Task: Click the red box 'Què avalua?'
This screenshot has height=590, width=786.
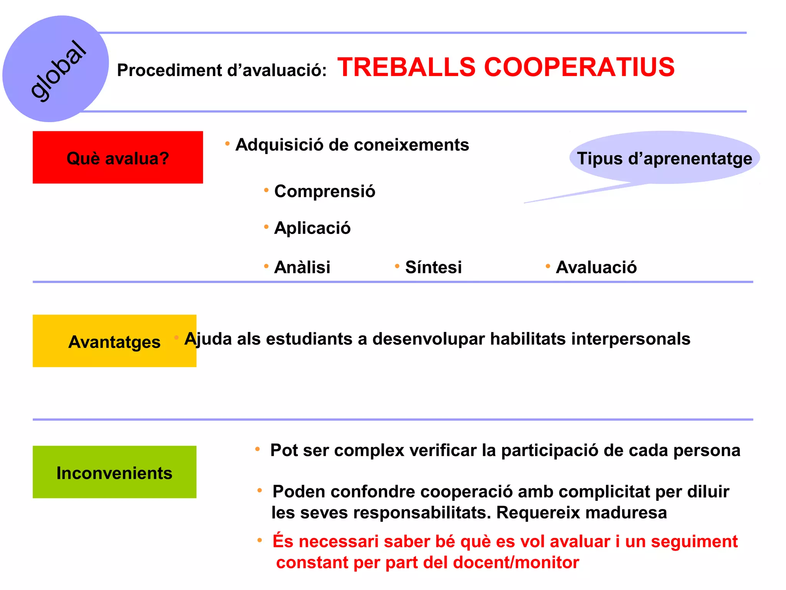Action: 117,157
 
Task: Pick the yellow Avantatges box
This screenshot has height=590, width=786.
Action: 114,341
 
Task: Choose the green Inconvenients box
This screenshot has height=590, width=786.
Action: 114,472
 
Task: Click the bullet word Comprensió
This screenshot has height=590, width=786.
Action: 325,191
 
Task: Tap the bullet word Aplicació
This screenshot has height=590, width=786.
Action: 312,228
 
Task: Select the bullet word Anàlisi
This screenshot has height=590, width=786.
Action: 302,267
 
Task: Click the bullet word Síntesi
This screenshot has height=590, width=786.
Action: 433,267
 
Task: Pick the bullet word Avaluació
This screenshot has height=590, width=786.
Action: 596,267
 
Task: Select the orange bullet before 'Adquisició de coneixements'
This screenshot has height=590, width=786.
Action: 227,144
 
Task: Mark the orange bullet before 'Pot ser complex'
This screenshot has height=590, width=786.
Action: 258,449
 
